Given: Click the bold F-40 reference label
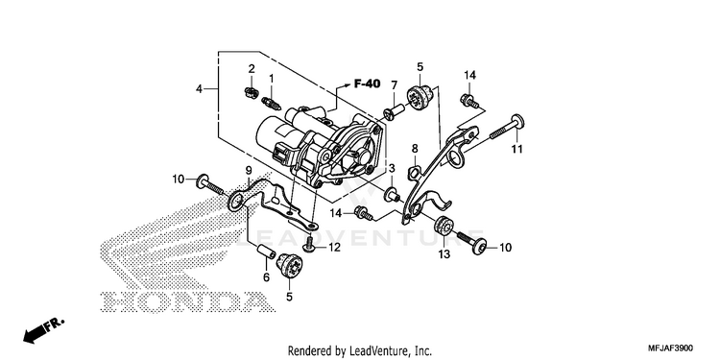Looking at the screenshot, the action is (367, 84).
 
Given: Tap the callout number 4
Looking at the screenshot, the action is (199, 89).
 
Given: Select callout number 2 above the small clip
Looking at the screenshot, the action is (252, 69).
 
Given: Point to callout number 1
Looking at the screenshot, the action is (272, 79).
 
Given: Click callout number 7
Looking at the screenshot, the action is (394, 85).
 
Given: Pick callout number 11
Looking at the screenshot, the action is (517, 149).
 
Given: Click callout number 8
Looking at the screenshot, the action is (415, 148).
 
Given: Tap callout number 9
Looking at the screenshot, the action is (249, 171).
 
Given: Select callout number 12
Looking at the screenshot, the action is (334, 248).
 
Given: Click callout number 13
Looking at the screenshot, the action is (444, 254).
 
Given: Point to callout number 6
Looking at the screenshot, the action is (266, 276).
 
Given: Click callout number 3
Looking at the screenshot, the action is (392, 169).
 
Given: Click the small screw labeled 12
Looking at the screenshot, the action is (308, 244).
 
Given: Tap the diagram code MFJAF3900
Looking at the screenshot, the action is (671, 348).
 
